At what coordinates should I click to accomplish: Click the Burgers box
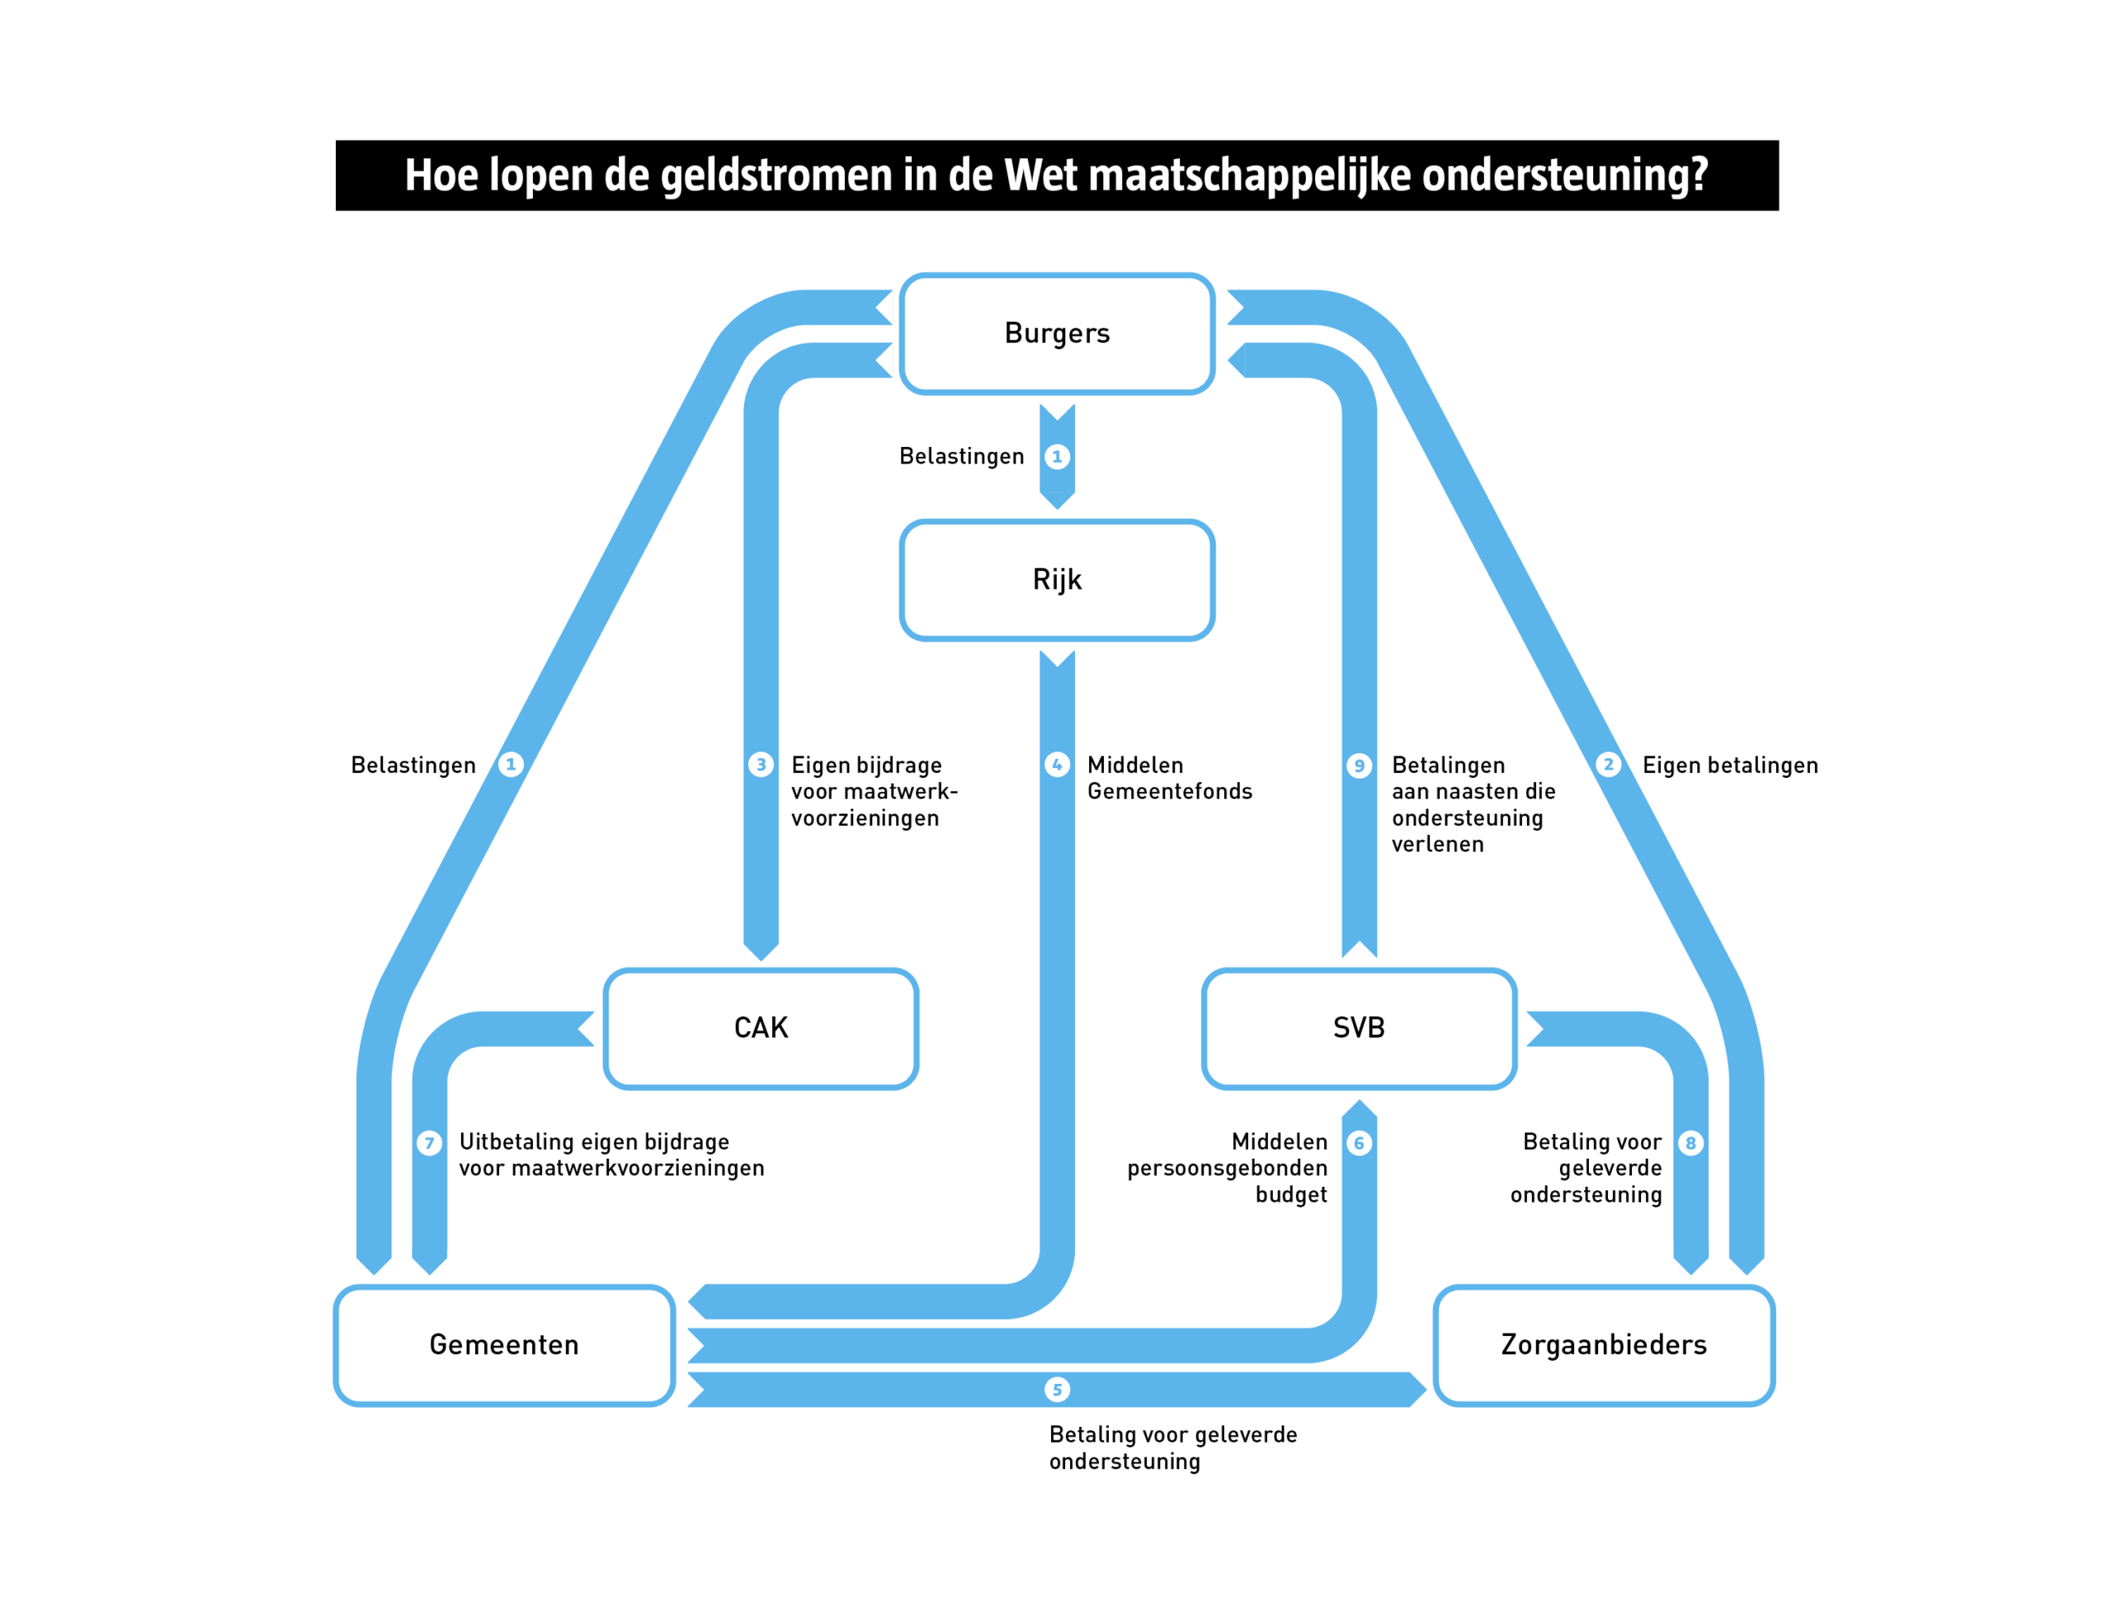pos(1057,333)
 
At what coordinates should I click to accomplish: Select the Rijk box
pos(1057,580)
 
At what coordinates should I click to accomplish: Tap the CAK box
pos(761,1028)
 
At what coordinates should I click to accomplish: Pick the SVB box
pos(1358,1028)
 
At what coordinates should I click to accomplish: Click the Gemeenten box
pos(504,1345)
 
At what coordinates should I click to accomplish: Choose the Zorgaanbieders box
pos(1603,1345)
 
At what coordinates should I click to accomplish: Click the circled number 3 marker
pos(761,765)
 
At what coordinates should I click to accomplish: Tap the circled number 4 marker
pos(1057,765)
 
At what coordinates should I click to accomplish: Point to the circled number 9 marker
pos(1358,766)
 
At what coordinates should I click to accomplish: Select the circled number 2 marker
pos(1607,765)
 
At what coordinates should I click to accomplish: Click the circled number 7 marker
pos(429,1143)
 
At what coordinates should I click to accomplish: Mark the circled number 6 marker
pos(1358,1143)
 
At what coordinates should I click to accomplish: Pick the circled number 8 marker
pos(1690,1143)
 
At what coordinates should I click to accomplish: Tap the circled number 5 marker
pos(1057,1390)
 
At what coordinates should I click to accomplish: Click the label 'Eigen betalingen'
pos(1729,765)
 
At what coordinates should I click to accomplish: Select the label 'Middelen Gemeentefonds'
pos(1168,779)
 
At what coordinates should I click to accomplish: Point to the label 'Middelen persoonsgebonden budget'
pos(1227,1168)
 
